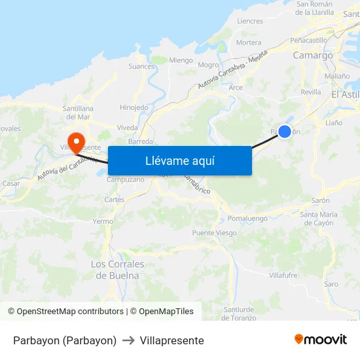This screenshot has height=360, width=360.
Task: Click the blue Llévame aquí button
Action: pos(179,160)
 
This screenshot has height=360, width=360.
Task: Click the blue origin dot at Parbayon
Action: pos(285,132)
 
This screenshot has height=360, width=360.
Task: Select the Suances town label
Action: pos(141,66)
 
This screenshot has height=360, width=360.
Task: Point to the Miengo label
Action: pos(181,60)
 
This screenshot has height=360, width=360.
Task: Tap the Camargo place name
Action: pos(313,56)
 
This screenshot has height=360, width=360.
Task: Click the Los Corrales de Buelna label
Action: pos(118,270)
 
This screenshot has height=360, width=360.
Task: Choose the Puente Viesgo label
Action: pos(215,233)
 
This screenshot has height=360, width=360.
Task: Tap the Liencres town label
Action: pos(250,21)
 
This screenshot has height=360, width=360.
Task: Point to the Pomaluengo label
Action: pos(248,218)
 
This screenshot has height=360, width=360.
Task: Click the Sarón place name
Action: pos(321,200)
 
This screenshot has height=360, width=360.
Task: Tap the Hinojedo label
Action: pos(134,107)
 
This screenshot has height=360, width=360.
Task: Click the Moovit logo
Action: pos(320,340)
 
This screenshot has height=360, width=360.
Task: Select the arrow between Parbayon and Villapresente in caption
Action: pos(128,340)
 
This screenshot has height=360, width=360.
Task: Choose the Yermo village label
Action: pos(103,221)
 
